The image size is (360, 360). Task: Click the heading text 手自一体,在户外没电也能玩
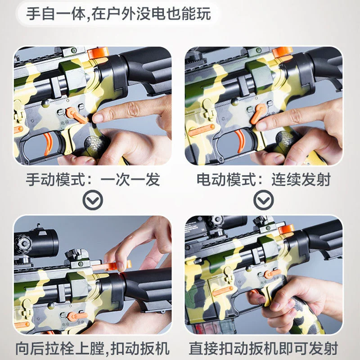pyautogui.click(x=118, y=14)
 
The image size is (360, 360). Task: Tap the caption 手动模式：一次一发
pyautogui.click(x=93, y=180)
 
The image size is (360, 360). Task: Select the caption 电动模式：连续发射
pyautogui.click(x=264, y=180)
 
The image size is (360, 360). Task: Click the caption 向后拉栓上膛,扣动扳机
pyautogui.click(x=93, y=348)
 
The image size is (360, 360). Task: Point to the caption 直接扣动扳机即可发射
pyautogui.click(x=263, y=348)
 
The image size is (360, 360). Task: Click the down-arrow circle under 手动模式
pyautogui.click(x=93, y=200)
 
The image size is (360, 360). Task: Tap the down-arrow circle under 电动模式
pyautogui.click(x=264, y=200)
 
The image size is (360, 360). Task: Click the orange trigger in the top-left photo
pyautogui.click(x=49, y=143)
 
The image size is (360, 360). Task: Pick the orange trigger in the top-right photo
pyautogui.click(x=240, y=140)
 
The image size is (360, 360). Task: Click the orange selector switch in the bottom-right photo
pyautogui.click(x=272, y=274)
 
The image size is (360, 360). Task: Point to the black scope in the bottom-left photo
pyautogui.click(x=36, y=243)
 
